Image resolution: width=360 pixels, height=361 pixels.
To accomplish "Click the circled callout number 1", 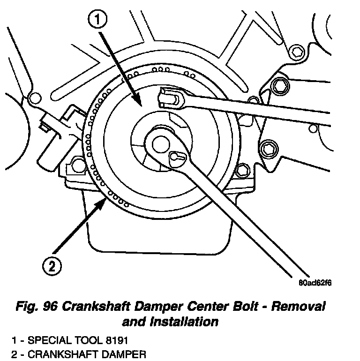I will click(x=98, y=20).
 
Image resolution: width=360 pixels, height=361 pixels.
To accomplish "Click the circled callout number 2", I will click(x=52, y=267).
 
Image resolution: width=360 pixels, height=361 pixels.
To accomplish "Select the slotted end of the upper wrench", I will click(x=169, y=98).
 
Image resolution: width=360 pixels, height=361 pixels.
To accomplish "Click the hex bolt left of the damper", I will click(x=75, y=165).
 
